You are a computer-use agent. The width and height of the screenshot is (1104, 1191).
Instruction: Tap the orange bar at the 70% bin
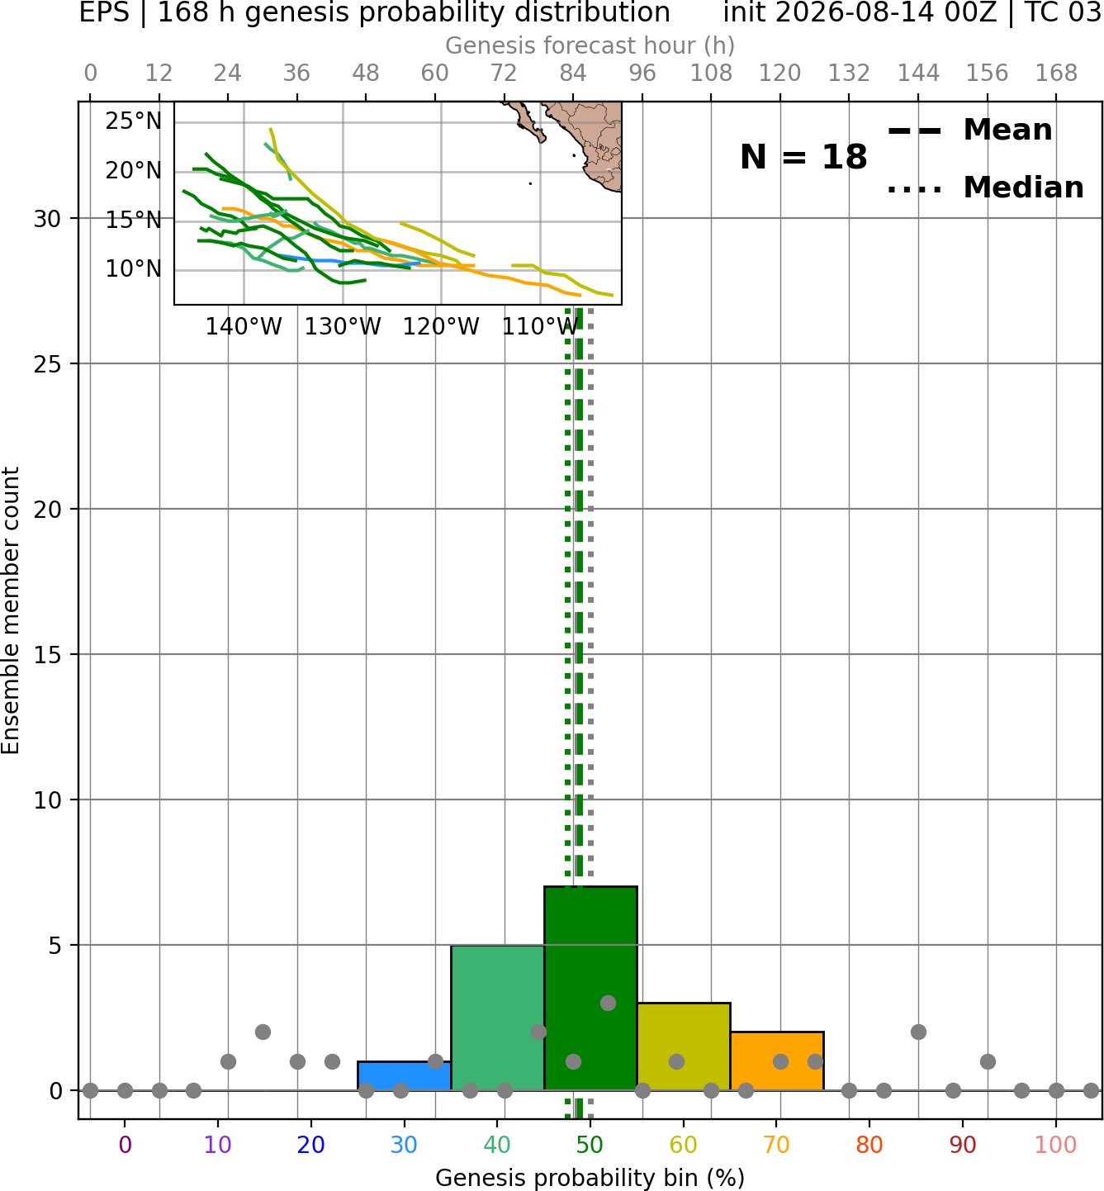(x=776, y=1061)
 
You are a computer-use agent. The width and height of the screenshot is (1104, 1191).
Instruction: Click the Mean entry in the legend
(x=969, y=130)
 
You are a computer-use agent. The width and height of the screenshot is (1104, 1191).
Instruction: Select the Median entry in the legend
(x=985, y=187)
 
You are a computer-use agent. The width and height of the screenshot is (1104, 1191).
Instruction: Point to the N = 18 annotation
(x=803, y=157)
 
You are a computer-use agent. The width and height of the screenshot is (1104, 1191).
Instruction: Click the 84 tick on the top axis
(x=573, y=74)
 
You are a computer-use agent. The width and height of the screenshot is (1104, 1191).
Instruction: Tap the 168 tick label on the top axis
(x=1056, y=74)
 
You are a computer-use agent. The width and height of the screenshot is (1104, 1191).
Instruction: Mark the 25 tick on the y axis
(x=48, y=364)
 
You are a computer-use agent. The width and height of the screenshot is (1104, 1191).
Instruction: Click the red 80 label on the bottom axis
(x=869, y=1144)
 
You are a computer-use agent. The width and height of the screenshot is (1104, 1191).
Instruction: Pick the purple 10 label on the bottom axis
(x=218, y=1144)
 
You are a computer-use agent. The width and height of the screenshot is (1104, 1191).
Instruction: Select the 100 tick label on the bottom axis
(x=1055, y=1144)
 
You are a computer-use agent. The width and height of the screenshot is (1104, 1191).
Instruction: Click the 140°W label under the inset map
(x=244, y=327)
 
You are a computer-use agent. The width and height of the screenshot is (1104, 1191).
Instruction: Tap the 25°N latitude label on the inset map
(x=133, y=121)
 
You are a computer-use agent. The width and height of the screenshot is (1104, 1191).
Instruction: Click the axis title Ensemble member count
(x=10, y=610)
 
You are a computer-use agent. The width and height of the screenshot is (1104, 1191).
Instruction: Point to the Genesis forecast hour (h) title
(x=590, y=45)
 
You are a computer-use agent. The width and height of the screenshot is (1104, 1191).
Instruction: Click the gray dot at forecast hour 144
(x=918, y=1032)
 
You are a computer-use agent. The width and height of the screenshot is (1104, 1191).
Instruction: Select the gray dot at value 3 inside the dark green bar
(x=608, y=1003)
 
